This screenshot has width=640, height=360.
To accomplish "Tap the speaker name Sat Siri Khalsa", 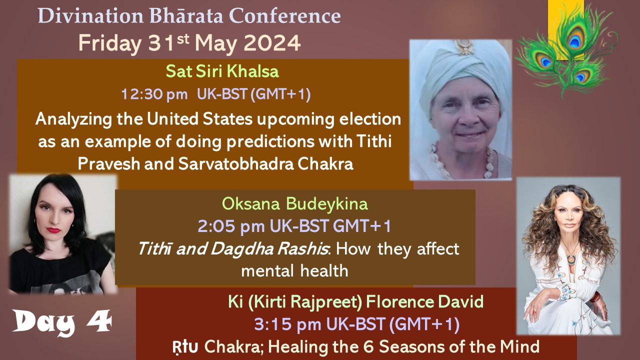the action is pos(222,71).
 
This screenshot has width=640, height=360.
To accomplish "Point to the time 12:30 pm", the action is pos(154,94).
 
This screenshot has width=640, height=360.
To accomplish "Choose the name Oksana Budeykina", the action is pos(295,204).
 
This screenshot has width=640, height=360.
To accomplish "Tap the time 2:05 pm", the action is pos(231,226).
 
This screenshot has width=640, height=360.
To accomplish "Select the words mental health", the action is pos(294,271).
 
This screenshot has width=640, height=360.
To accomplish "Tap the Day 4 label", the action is pos(62,322).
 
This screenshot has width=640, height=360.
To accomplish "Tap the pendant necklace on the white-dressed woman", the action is pos(571,258).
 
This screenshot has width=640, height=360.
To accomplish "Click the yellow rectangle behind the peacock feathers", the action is pos(565,30).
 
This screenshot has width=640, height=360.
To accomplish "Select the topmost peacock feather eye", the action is pos(574,39).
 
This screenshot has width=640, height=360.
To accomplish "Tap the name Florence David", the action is pos(424,301).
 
